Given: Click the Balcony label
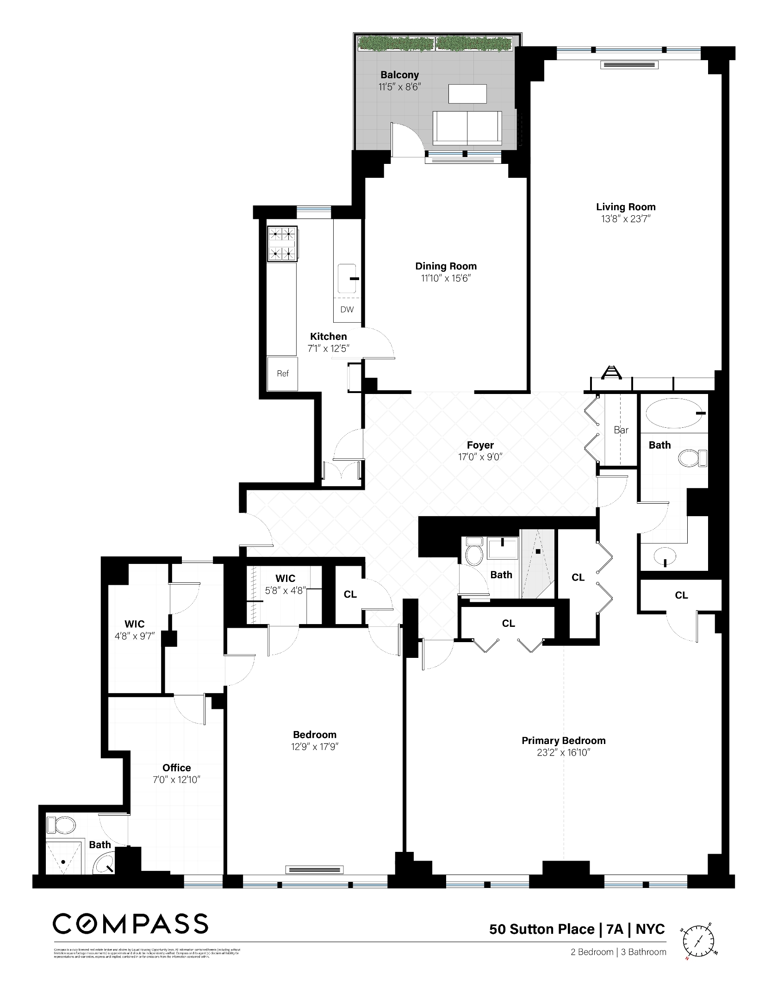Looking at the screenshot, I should click(x=399, y=75).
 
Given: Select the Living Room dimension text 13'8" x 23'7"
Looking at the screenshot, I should click(x=625, y=219).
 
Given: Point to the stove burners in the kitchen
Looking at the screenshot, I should click(x=282, y=244).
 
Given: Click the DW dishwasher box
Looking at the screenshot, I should click(x=347, y=310).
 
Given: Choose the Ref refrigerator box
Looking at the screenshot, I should click(x=282, y=374).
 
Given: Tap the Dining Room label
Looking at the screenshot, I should click(x=445, y=266).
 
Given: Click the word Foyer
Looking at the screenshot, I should click(x=480, y=445).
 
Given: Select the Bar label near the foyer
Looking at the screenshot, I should click(x=621, y=430).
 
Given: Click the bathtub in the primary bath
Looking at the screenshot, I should click(x=673, y=413).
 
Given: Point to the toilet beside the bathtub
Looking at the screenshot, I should click(x=692, y=458).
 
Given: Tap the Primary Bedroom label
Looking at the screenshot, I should click(x=563, y=740).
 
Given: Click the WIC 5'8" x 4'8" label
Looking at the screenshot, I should click(x=285, y=584).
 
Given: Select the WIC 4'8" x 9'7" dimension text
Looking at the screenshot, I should click(x=134, y=636).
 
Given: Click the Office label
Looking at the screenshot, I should click(x=176, y=768).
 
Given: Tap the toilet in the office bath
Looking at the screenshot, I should click(x=62, y=825).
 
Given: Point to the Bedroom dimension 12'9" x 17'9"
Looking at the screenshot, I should click(x=314, y=747).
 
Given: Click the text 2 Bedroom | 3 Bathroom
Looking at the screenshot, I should click(x=618, y=952).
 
